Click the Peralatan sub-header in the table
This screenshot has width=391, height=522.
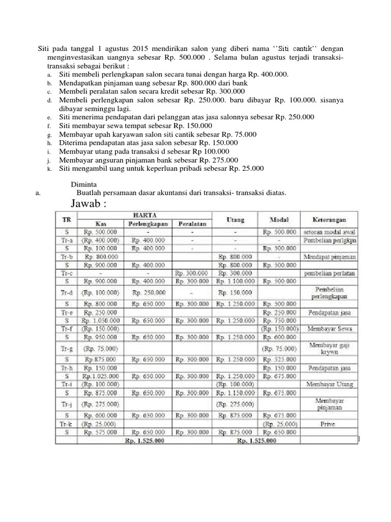pyautogui.click(x=193, y=224)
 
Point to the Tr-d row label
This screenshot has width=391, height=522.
pyautogui.click(x=65, y=293)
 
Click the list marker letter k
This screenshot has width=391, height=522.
pyautogui.click(x=50, y=169)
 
